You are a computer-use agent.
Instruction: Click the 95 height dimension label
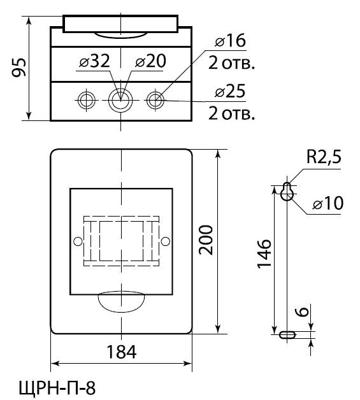pos(19,68)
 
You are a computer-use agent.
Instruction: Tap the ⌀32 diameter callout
pos(94,61)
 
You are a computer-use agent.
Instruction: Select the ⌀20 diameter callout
pos(150,61)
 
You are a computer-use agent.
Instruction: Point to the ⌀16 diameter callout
pos(231,40)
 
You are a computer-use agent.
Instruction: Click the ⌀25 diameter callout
pos(230,91)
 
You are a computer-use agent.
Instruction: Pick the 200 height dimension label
pos(206,239)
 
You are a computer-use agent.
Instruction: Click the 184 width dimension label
pos(121,352)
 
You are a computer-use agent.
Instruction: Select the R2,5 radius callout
pos(324,157)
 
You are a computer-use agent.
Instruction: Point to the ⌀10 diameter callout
pos(328,203)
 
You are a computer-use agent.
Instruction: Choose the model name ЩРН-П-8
pos(57,388)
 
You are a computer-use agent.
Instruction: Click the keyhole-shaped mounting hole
pos(287,192)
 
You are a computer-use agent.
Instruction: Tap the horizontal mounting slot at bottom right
pos(287,334)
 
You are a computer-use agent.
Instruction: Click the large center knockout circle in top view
pos(120,100)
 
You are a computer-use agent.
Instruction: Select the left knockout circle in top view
pos(87,100)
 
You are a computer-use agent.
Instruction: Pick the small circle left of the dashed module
pos(78,241)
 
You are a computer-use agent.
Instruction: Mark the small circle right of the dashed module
pos(165,241)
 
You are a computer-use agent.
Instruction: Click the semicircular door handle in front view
pos(122,301)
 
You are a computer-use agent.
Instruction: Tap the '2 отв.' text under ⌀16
pos(232,63)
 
